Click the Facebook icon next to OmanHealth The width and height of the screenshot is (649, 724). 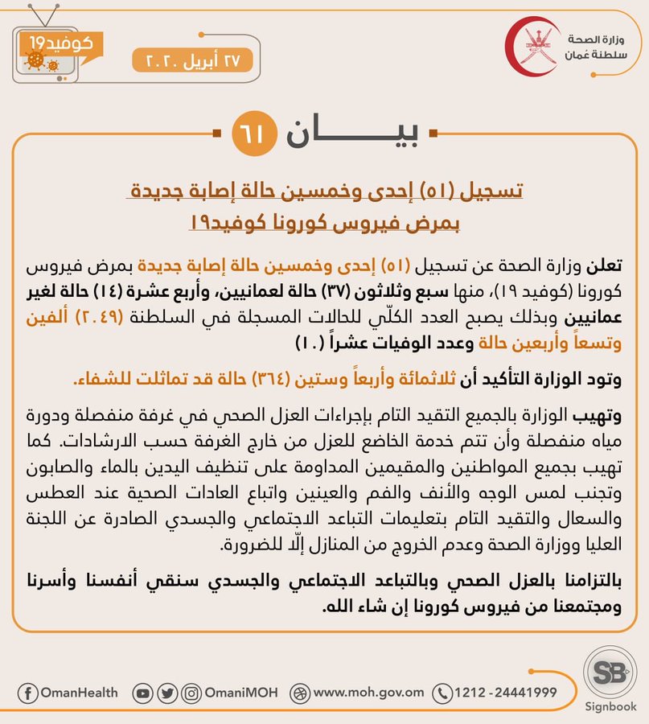(x=27, y=693)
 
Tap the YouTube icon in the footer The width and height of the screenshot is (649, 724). (x=143, y=693)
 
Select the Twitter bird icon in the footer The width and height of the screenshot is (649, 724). (x=167, y=693)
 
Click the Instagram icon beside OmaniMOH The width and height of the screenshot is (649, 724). (x=191, y=693)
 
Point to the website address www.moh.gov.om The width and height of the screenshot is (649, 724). (x=369, y=693)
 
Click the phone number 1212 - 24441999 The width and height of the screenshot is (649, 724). (x=505, y=693)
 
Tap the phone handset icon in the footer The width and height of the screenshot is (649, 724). (x=442, y=693)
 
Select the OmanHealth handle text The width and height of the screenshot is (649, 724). (x=79, y=693)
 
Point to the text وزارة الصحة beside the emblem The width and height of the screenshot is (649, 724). (x=591, y=39)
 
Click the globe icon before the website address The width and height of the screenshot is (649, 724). (x=301, y=693)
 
